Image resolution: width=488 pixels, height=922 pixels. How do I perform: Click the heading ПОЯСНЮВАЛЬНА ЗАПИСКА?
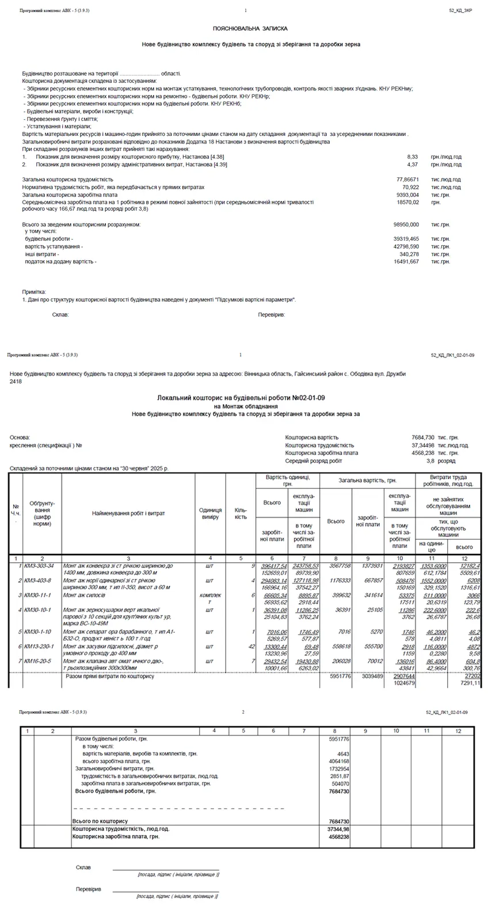pos(250,28)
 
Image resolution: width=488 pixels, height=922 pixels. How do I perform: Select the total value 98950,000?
pos(406,224)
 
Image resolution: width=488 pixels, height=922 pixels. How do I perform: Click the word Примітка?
pos(34,292)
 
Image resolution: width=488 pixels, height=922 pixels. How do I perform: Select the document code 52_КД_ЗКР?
pos(460,11)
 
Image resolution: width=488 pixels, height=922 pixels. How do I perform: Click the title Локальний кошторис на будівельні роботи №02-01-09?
pos(245,398)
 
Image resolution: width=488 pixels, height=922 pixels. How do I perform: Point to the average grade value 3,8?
pos(430,461)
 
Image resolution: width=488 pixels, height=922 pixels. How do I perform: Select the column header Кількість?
pos(241,513)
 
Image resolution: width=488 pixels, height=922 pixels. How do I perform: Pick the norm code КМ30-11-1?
pos(37,595)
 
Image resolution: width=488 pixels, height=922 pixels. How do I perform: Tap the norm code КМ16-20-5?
pos(37,661)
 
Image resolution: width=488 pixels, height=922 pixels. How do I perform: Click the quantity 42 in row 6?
pos(250,647)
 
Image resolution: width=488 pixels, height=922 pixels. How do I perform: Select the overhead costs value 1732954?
pos(338,769)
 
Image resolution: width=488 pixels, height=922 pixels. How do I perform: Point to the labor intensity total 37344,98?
pos(337,829)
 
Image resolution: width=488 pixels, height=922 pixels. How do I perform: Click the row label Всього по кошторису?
pos(100,821)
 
